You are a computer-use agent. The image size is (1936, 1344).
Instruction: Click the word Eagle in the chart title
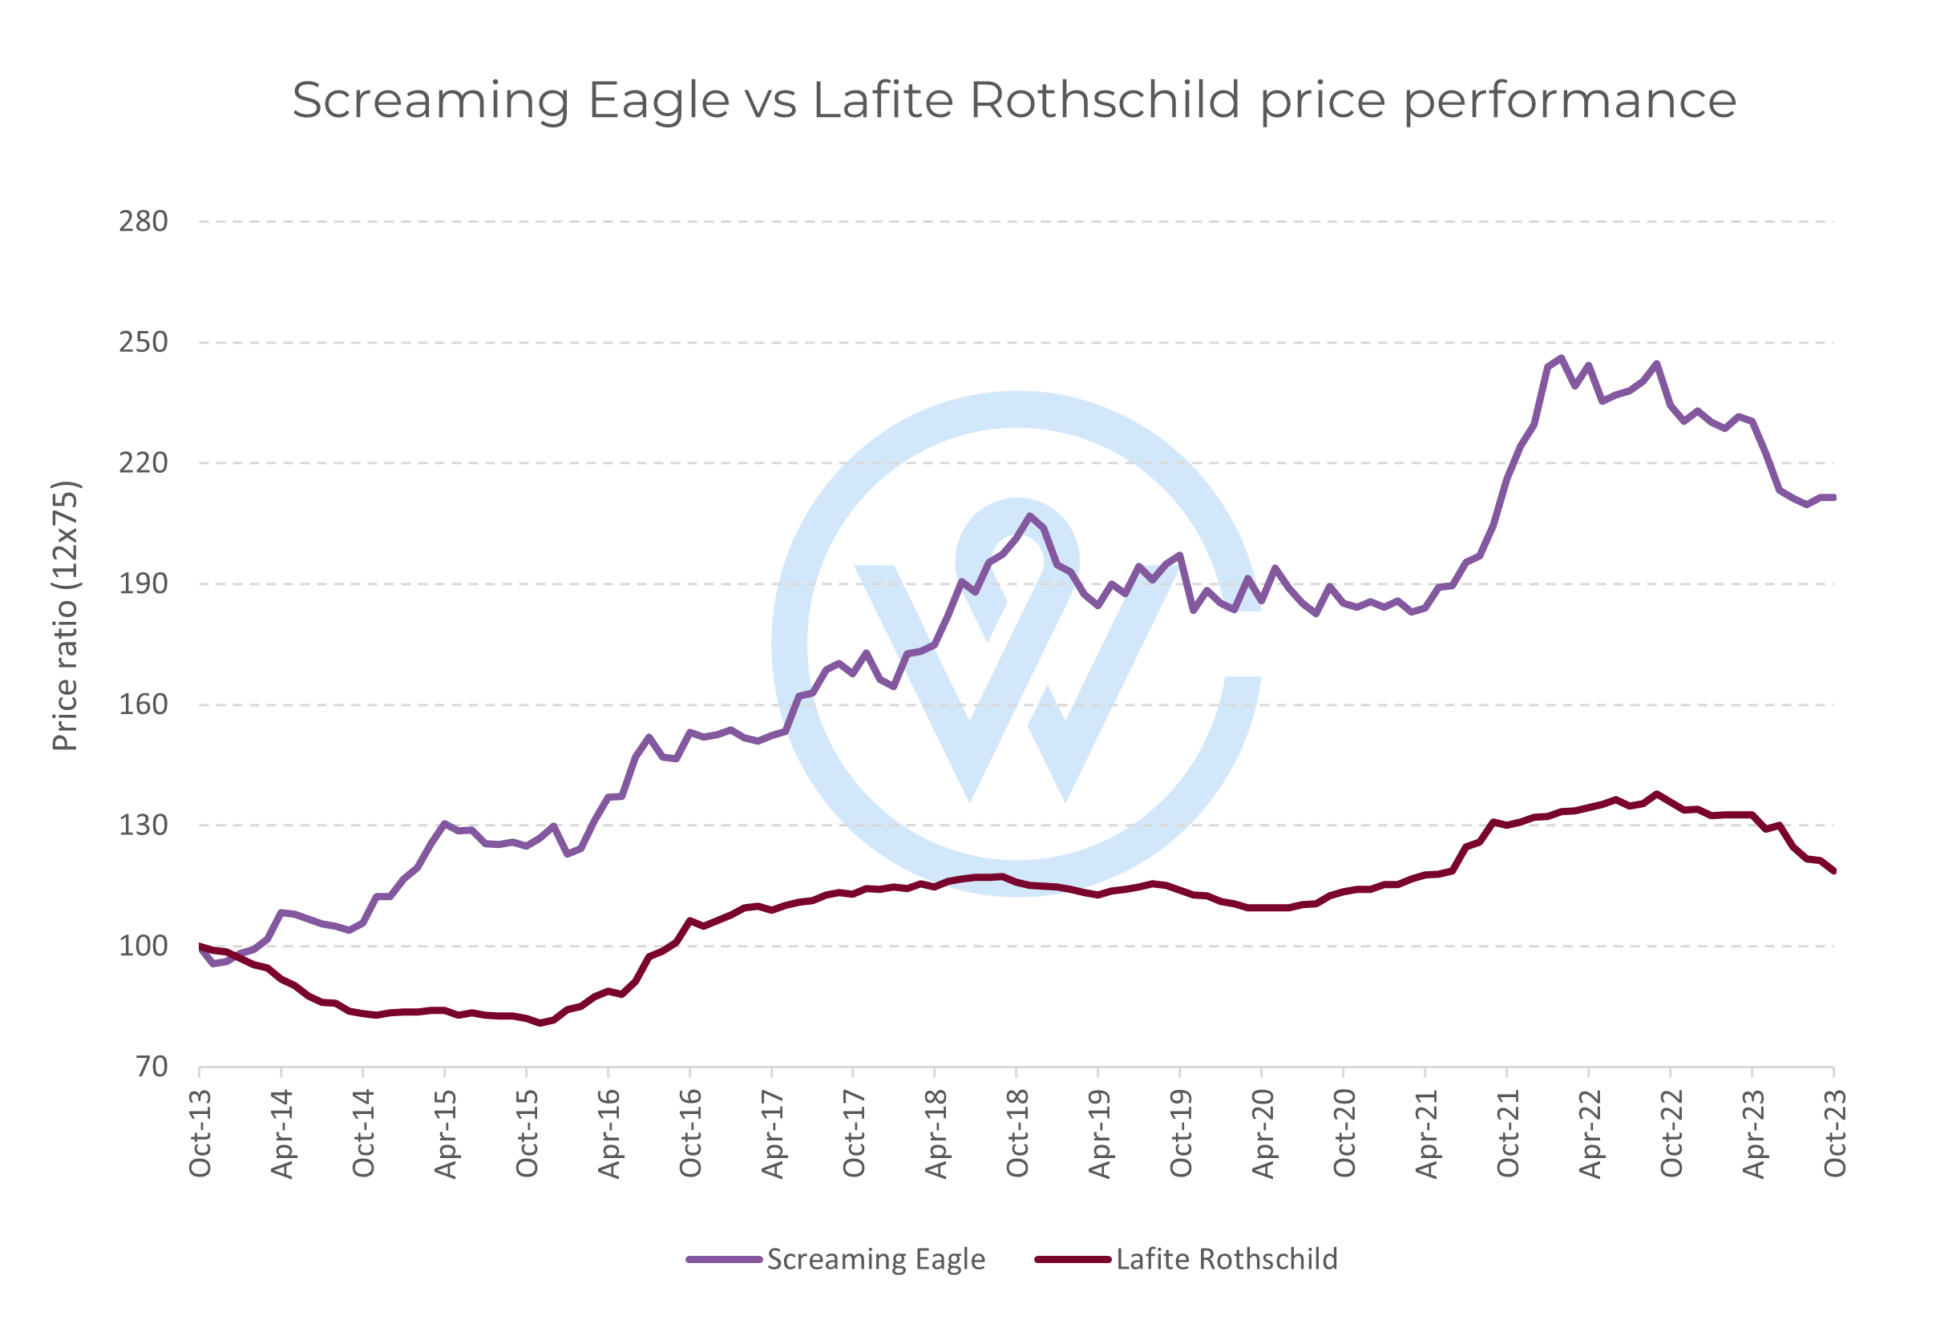pos(657,101)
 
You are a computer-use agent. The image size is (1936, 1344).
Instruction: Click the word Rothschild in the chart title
pos(1105,100)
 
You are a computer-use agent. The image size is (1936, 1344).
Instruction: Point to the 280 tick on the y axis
pos(143,221)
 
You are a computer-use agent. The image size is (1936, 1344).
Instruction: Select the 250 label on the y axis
pos(143,343)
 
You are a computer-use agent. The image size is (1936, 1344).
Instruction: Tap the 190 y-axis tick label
pos(143,583)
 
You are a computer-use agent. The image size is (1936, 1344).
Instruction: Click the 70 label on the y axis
pos(152,1067)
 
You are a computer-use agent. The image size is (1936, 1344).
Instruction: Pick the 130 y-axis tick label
pos(143,825)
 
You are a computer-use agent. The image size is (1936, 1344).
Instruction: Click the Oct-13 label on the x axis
pos(200,1132)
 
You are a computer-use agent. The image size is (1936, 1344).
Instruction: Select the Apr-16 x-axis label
pos(608,1132)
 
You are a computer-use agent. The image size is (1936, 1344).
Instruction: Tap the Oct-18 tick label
pos(1017,1132)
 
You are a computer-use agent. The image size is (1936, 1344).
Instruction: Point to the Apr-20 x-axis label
pos(1263,1132)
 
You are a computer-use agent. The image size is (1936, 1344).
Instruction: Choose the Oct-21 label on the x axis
pos(1507,1132)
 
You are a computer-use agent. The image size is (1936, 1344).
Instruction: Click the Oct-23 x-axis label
pos(1834,1132)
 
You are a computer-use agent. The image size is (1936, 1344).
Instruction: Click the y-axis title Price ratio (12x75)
pos(66,615)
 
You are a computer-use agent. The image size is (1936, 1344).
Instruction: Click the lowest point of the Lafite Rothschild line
pos(540,1023)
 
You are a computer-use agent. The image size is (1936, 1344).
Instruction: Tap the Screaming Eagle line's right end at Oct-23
pos(1833,498)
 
